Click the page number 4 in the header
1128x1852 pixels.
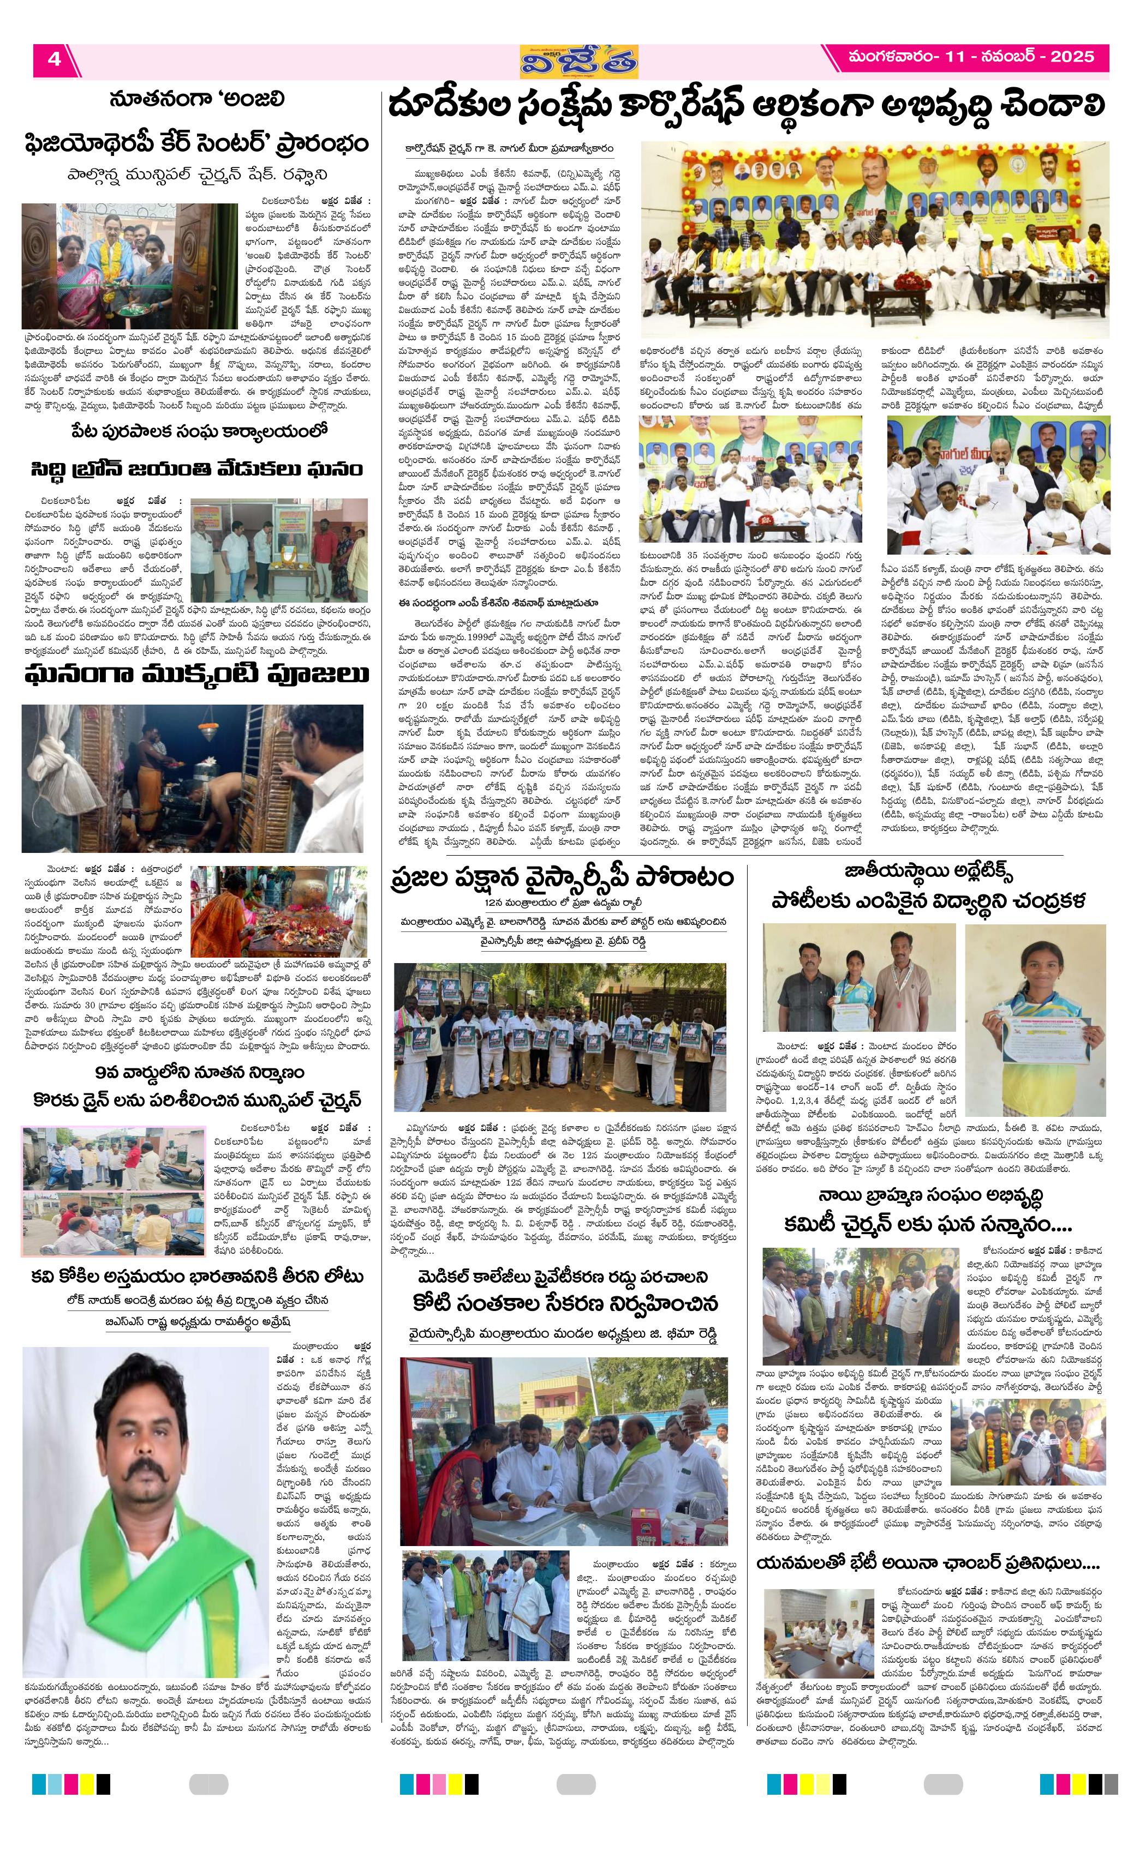tap(54, 59)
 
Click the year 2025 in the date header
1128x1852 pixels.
tap(1072, 56)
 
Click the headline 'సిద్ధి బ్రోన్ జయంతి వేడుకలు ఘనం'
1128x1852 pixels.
tap(197, 469)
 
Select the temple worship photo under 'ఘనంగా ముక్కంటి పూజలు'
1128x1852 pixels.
tap(193, 777)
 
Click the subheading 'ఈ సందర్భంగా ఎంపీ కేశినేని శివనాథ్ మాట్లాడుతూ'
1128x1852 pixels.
tap(499, 603)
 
